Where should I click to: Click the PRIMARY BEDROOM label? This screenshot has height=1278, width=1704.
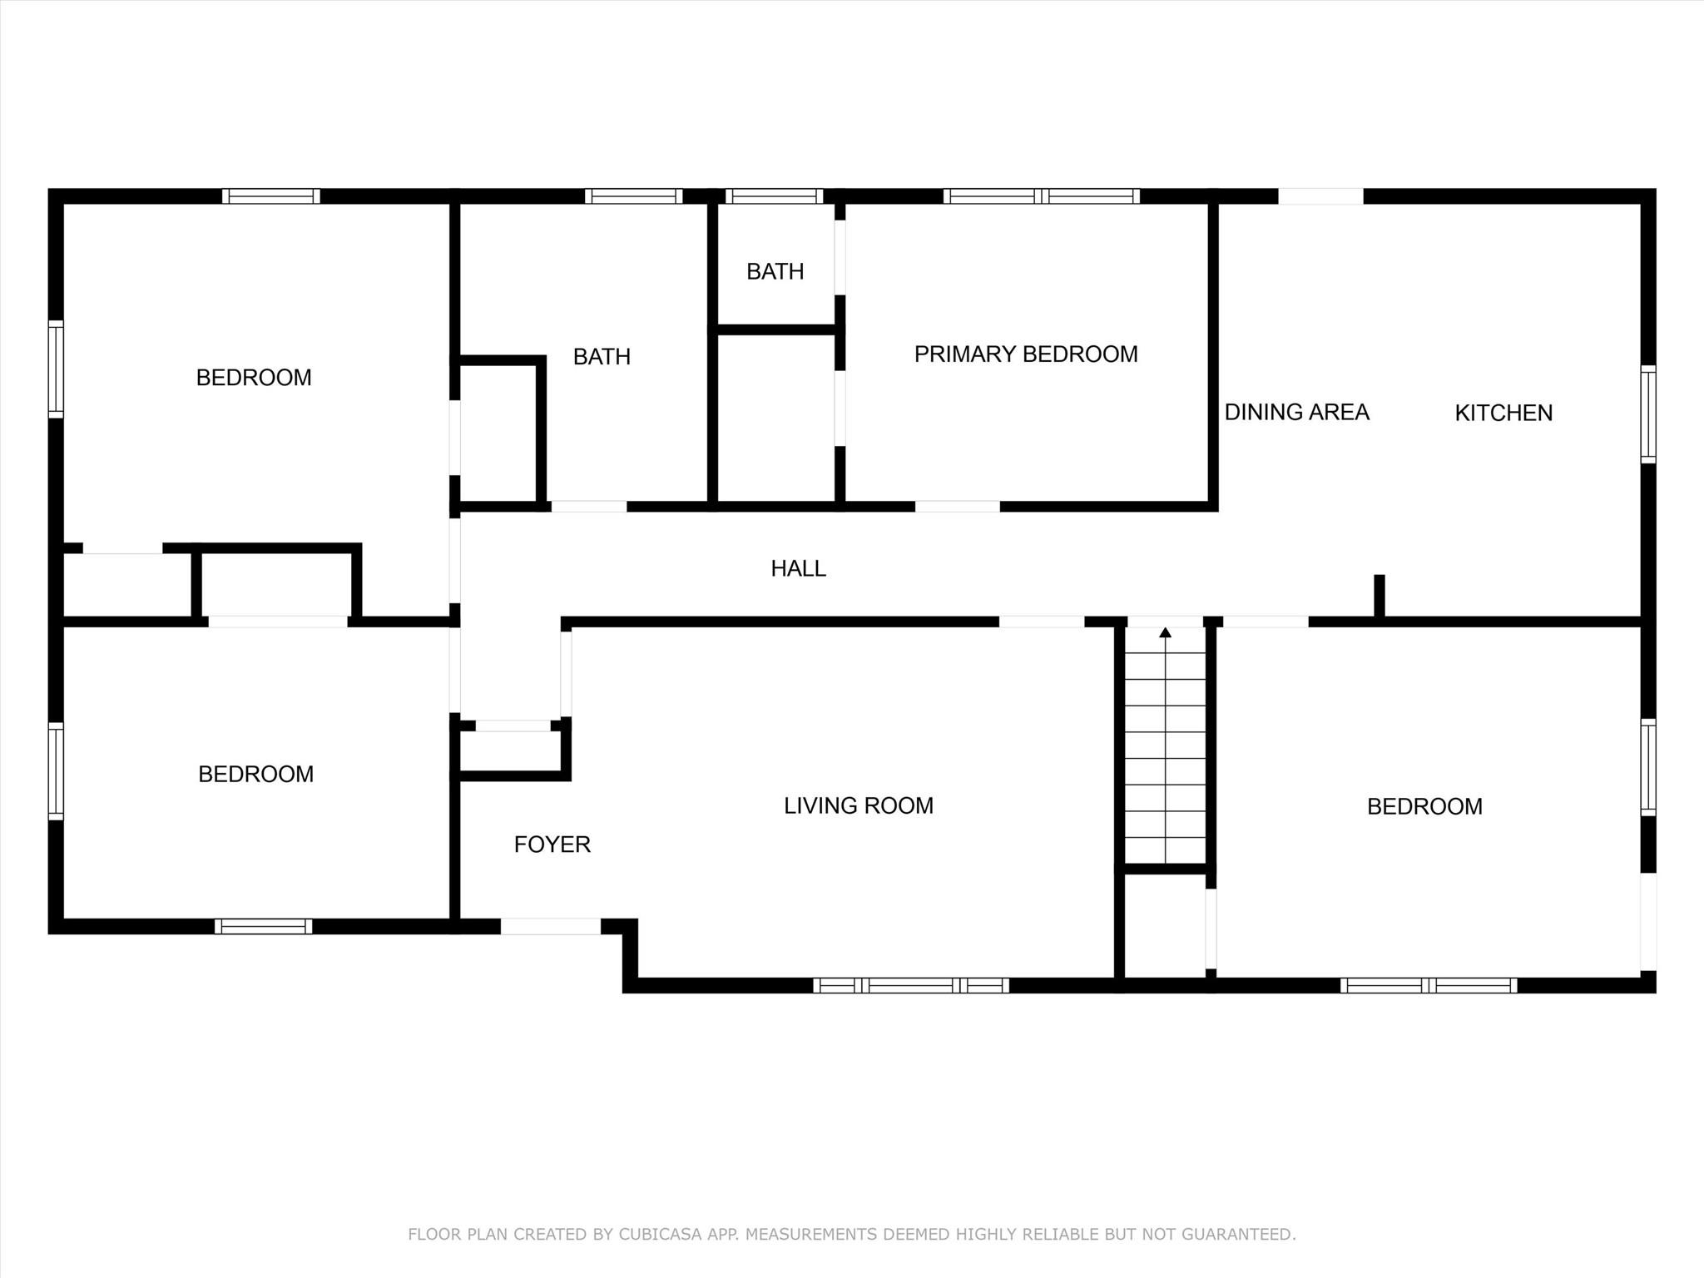tap(1026, 354)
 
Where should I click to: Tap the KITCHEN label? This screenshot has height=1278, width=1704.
tap(1503, 413)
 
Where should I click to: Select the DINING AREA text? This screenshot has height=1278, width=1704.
tap(1296, 412)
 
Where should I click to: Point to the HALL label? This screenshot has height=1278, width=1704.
tap(798, 568)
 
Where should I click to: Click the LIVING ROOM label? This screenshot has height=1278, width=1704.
tap(859, 805)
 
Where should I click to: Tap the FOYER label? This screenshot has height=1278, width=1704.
tap(552, 845)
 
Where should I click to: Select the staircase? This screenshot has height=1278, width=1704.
tap(1165, 745)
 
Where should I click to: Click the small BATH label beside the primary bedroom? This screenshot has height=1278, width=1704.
tap(775, 271)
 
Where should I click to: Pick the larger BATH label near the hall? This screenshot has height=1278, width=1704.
tap(602, 357)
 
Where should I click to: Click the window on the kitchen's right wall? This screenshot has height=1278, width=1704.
tap(1648, 414)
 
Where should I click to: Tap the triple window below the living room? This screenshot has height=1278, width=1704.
tap(911, 985)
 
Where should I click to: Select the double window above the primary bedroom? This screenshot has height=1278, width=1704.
tap(1042, 196)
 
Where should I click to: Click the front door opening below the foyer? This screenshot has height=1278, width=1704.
tap(550, 926)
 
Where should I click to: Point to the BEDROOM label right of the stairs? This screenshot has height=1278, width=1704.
tap(1424, 806)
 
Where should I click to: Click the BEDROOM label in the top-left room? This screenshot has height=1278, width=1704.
tap(254, 378)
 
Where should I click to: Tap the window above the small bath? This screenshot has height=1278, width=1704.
tap(774, 196)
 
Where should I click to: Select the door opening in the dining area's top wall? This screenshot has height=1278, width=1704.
tap(1320, 196)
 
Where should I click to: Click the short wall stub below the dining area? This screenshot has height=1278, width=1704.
tap(1379, 596)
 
